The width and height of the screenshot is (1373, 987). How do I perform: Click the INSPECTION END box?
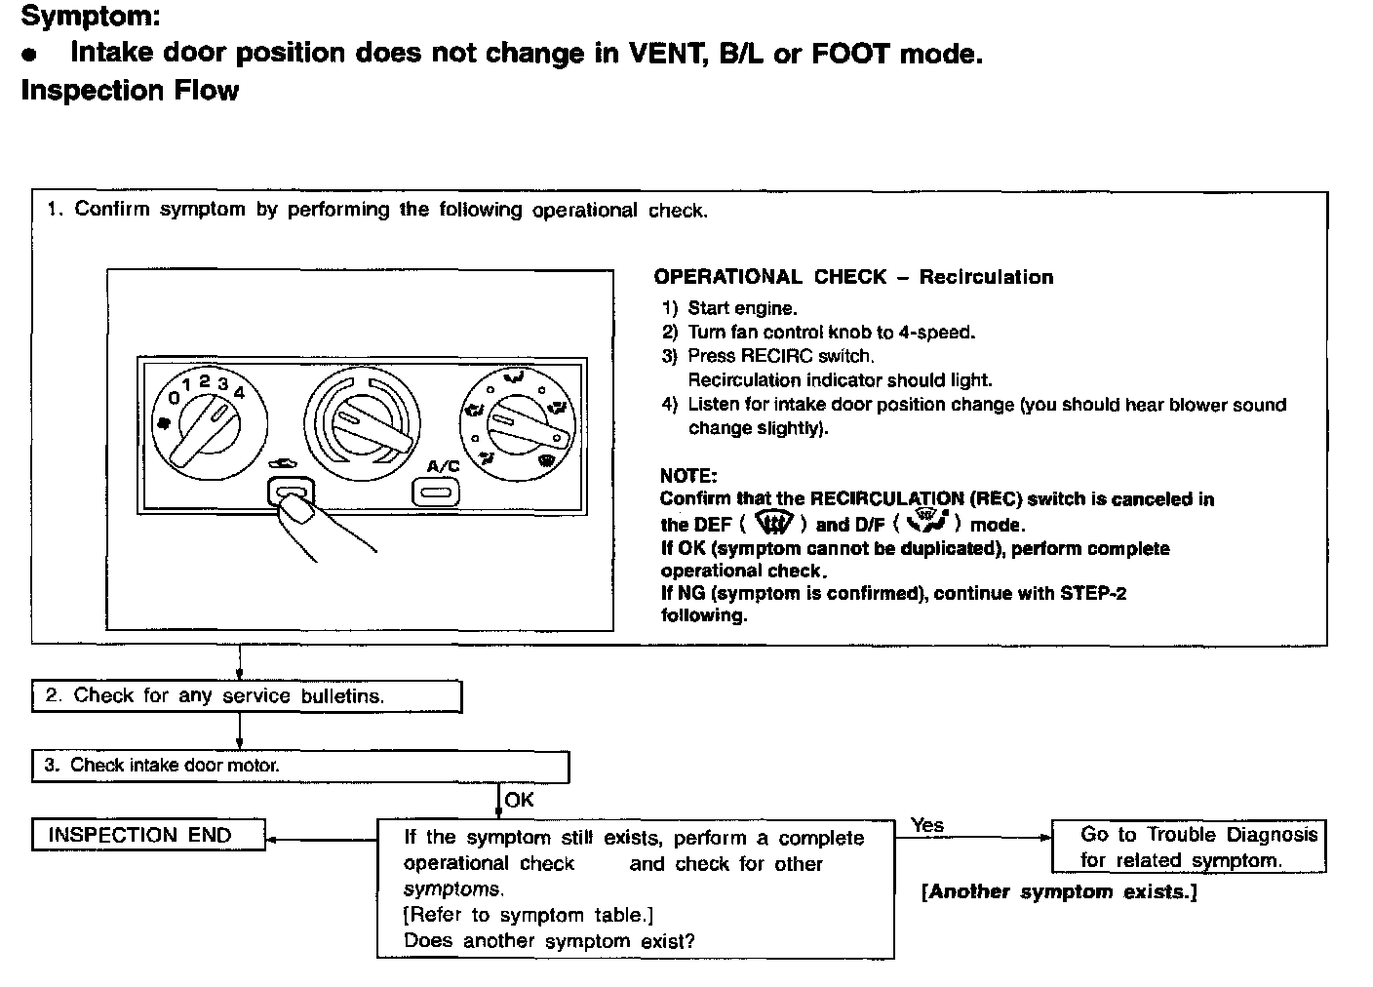(x=148, y=836)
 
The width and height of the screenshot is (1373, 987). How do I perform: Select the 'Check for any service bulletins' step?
(x=246, y=696)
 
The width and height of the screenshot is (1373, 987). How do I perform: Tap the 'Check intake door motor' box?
(x=299, y=766)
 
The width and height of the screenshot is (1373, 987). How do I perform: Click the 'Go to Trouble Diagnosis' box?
(x=1189, y=847)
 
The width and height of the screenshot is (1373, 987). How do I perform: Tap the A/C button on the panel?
(x=436, y=492)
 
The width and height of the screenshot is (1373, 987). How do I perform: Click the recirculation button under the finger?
(x=291, y=493)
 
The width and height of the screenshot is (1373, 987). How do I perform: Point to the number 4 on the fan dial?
(x=239, y=392)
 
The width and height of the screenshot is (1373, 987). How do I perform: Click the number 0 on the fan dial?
(x=174, y=398)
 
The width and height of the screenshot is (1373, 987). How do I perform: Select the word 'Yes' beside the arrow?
(x=927, y=825)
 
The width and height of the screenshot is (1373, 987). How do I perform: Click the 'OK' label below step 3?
(x=520, y=800)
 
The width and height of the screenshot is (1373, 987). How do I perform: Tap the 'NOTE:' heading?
(x=688, y=476)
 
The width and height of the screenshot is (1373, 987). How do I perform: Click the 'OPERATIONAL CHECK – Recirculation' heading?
(x=853, y=277)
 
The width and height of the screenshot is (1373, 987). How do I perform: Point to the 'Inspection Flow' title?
(x=130, y=91)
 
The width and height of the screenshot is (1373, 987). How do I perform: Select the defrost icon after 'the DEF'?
(x=775, y=523)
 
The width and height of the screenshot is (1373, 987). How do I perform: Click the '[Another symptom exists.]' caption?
(x=1059, y=891)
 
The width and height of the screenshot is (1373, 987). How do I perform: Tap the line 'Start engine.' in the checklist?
(x=742, y=308)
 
